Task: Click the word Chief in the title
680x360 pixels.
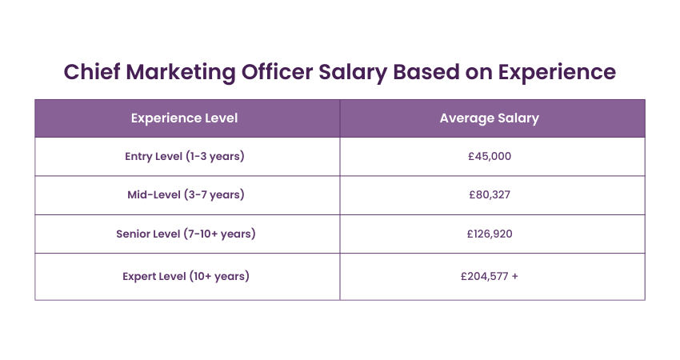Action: (x=90, y=72)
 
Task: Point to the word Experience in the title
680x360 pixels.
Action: (x=557, y=72)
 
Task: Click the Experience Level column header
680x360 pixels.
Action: (x=184, y=118)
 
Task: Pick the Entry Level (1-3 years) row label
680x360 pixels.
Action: (x=185, y=156)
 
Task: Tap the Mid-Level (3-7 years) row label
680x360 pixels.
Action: (x=186, y=194)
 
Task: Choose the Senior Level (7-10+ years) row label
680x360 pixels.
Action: (x=186, y=234)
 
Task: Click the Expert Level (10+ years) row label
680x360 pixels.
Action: (x=186, y=276)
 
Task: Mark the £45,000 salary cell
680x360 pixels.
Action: (x=490, y=156)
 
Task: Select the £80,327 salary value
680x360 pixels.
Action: (x=490, y=194)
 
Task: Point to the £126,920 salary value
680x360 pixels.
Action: (x=490, y=234)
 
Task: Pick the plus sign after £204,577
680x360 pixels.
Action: (x=514, y=276)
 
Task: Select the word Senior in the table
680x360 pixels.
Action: (x=135, y=234)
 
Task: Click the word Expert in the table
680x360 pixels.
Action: (x=140, y=276)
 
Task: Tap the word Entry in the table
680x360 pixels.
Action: (x=138, y=156)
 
